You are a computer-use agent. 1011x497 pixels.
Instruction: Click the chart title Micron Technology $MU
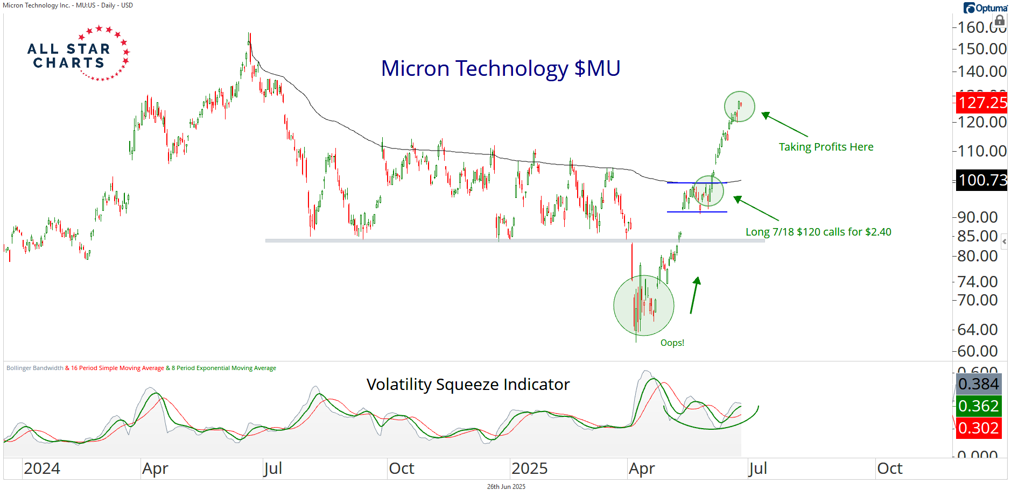(x=501, y=69)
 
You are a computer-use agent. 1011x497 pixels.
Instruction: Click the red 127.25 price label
(x=982, y=103)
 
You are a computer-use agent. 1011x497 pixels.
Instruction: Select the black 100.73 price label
(x=982, y=180)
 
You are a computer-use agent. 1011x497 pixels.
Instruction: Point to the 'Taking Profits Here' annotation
(x=826, y=147)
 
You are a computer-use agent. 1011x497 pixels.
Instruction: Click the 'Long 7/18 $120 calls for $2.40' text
(x=818, y=232)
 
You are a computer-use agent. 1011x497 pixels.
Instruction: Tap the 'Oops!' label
(x=672, y=343)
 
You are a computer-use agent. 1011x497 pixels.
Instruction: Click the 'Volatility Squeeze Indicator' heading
(x=468, y=385)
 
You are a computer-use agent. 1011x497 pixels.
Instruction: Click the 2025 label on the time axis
(x=529, y=468)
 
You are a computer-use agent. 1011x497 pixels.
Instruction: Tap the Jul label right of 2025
(x=757, y=468)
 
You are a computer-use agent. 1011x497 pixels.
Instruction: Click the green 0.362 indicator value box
(x=978, y=406)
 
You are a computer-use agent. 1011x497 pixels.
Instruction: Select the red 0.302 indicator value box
(x=978, y=428)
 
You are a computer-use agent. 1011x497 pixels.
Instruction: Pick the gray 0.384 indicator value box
(x=978, y=384)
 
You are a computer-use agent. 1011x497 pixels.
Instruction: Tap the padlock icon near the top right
(x=1000, y=20)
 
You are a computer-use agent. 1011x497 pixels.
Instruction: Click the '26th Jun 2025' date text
(x=506, y=487)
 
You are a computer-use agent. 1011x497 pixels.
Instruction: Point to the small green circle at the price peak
(x=740, y=106)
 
